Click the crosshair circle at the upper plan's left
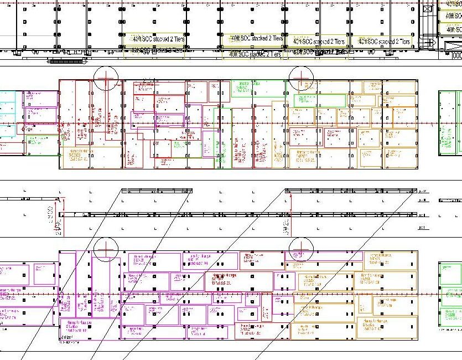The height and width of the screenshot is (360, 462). (x=106, y=78)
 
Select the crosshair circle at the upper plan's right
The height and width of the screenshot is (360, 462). (x=302, y=78)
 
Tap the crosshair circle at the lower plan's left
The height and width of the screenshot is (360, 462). (x=106, y=249)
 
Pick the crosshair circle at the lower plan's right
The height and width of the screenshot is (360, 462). (x=302, y=249)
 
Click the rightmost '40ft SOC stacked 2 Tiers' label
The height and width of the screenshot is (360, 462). (x=385, y=42)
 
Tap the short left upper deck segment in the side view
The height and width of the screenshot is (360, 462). (x=157, y=191)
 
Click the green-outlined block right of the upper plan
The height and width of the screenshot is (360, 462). (x=450, y=122)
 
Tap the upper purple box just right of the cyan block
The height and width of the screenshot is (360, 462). (x=40, y=99)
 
